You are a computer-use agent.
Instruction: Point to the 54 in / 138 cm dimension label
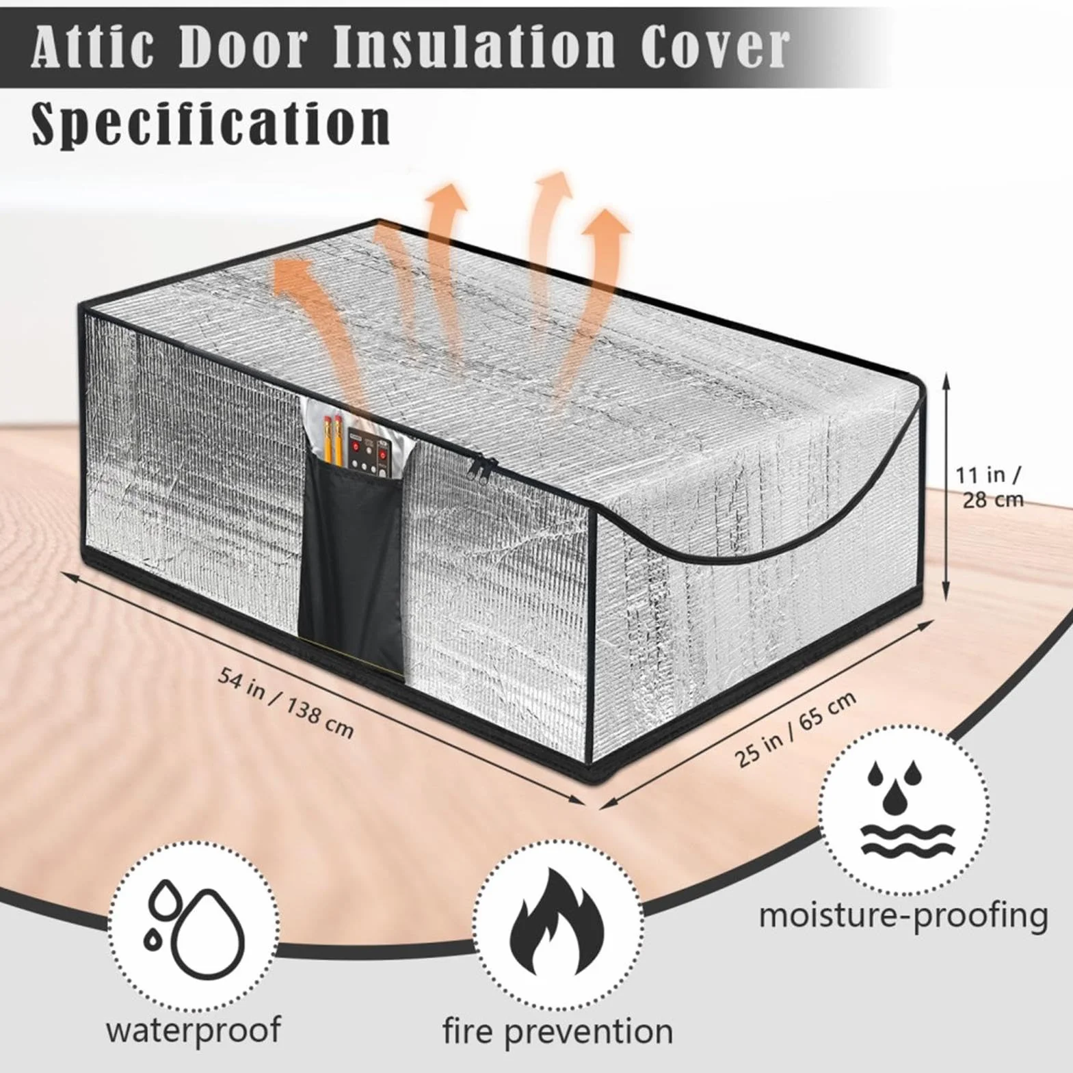(286, 702)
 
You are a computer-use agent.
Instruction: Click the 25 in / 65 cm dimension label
(795, 730)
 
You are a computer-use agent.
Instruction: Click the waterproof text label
(193, 1031)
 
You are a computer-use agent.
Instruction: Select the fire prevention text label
(557, 1032)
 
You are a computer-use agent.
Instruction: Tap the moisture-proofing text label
(903, 916)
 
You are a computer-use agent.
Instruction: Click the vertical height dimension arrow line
(946, 486)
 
